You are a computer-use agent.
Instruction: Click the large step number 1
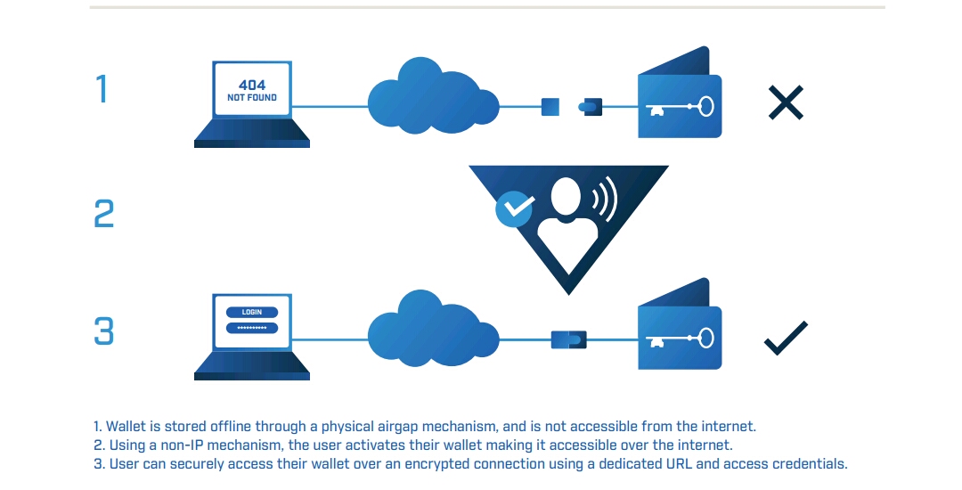[102, 89]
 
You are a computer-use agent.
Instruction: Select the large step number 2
[104, 214]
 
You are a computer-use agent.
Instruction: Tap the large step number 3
[104, 331]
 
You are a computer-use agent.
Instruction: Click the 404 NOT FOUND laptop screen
[252, 91]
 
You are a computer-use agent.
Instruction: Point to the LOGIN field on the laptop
[252, 313]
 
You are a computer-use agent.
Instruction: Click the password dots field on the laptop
[252, 327]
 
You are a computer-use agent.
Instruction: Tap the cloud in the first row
[432, 96]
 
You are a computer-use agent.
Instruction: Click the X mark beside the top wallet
[786, 103]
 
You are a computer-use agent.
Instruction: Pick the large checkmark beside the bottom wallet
[786, 338]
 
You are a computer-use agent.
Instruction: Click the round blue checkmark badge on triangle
[514, 208]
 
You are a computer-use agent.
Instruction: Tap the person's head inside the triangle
[567, 196]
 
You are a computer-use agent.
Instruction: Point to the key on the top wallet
[681, 109]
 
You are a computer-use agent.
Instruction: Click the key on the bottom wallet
[681, 339]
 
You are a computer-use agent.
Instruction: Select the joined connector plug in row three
[568, 339]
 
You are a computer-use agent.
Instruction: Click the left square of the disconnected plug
[550, 108]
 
